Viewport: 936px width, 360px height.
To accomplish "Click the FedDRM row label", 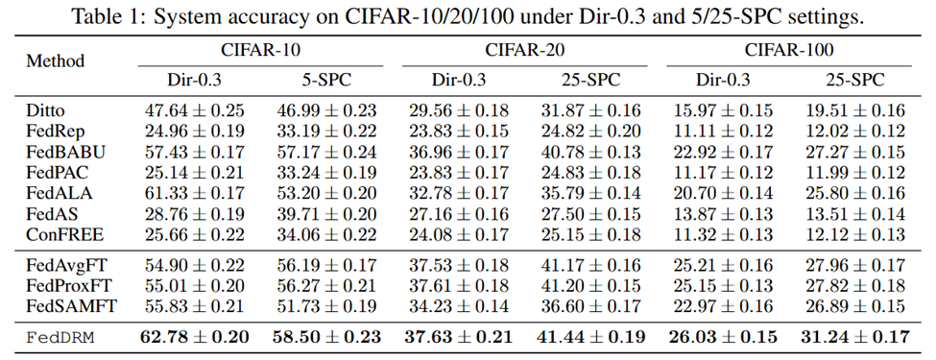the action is [60, 337].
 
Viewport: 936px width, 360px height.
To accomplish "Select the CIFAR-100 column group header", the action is [788, 50].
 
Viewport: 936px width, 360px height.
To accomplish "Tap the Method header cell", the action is [55, 60].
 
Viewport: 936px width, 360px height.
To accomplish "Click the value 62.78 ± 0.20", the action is [195, 337].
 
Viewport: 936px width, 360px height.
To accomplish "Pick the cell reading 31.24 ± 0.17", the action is [854, 337].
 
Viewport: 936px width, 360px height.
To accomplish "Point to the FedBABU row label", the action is [65, 153].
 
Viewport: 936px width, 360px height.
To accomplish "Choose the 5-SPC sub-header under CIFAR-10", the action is [326, 80].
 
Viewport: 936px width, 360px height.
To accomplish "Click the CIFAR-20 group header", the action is [524, 50].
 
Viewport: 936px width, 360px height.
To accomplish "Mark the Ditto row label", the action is [45, 110].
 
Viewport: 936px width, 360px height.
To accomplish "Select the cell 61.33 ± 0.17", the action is [195, 193].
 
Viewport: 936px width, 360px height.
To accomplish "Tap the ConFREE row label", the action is [64, 234].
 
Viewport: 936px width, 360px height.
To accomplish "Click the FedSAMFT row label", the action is [71, 306].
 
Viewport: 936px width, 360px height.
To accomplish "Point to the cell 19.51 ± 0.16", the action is [854, 110].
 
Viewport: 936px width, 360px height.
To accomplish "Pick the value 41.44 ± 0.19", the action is [591, 337].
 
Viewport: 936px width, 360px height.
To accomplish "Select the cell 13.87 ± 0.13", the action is [723, 214].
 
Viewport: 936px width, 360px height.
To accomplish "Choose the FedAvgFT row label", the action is [66, 264].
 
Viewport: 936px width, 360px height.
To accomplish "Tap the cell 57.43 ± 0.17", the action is [195, 153].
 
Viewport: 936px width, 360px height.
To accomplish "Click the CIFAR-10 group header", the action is [261, 50].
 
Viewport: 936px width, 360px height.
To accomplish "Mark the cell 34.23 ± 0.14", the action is [459, 306].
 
